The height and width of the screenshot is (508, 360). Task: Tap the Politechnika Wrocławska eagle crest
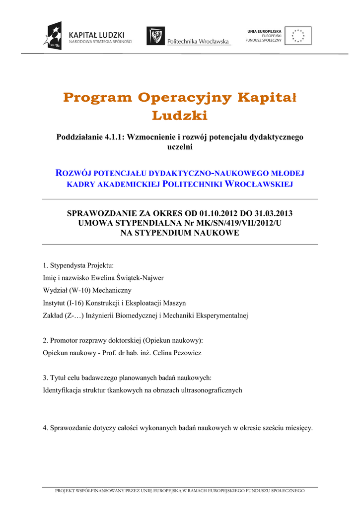pos(155,36)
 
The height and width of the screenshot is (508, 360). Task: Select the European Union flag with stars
pos(298,36)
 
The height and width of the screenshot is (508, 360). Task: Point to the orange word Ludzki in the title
pos(179,116)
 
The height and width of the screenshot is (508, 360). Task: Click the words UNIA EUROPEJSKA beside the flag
pos(264,31)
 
